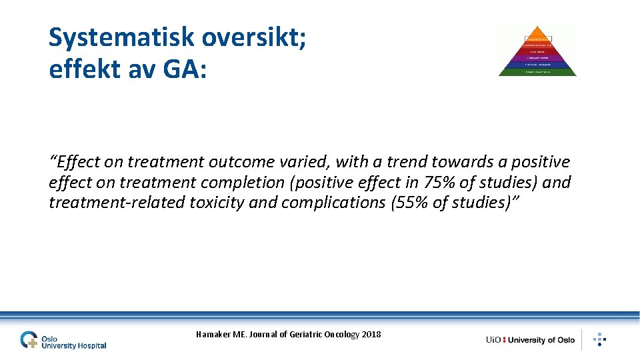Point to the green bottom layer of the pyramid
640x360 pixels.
tap(537, 71)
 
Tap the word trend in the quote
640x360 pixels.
tap(407, 162)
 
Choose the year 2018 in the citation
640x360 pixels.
tap(371, 334)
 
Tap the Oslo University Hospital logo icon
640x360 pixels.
tap(29, 339)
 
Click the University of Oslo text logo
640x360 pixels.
tap(530, 340)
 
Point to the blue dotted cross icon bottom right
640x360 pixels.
tap(599, 339)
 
